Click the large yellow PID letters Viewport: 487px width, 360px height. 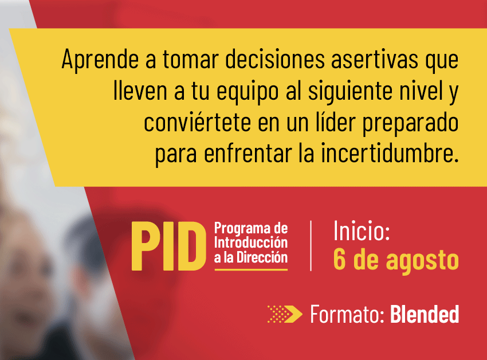tap(168, 246)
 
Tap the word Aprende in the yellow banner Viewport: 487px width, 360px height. tap(100, 60)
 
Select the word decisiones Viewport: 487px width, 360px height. tap(275, 58)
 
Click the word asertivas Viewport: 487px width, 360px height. tap(375, 59)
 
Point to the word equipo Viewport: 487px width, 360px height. tap(248, 92)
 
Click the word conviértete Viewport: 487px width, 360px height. tap(197, 122)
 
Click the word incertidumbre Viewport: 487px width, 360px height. tap(390, 153)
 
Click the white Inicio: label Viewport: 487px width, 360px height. tap(362, 230)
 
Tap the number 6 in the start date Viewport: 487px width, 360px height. tap(339, 259)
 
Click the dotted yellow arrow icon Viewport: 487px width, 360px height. tap(285, 314)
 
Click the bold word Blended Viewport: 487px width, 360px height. tap(425, 314)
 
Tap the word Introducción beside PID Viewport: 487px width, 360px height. tap(251, 243)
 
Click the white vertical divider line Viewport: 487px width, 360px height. tap(311, 245)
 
